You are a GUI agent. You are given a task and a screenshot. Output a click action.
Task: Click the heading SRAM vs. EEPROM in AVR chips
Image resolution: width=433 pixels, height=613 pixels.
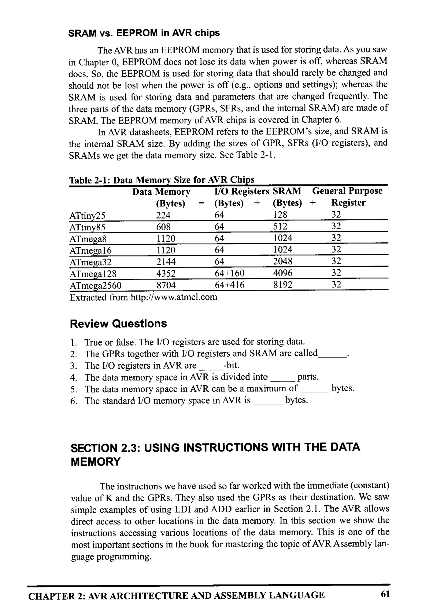coord(144,33)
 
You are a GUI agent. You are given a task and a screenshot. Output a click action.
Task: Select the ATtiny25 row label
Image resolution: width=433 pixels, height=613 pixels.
coord(87,215)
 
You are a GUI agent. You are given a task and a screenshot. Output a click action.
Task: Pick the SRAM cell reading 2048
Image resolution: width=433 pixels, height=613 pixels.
coord(282,261)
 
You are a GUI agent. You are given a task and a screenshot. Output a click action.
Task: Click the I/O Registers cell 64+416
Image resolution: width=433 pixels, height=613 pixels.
coord(229,285)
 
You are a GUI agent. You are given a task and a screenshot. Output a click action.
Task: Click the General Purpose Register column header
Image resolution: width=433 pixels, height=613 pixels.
coord(347,197)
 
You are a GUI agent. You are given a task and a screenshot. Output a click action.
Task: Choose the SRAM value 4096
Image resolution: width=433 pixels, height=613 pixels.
coord(282,273)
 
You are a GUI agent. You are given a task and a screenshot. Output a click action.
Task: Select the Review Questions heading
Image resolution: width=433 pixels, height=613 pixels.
coord(118,324)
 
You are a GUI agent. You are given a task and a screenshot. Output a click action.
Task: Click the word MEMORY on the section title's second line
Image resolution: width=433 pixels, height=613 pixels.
coord(96,462)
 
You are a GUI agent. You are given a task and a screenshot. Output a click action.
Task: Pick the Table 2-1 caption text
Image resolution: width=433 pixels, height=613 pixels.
coord(161,180)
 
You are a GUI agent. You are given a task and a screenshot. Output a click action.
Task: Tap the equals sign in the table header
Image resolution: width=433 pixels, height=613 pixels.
coord(201,203)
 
